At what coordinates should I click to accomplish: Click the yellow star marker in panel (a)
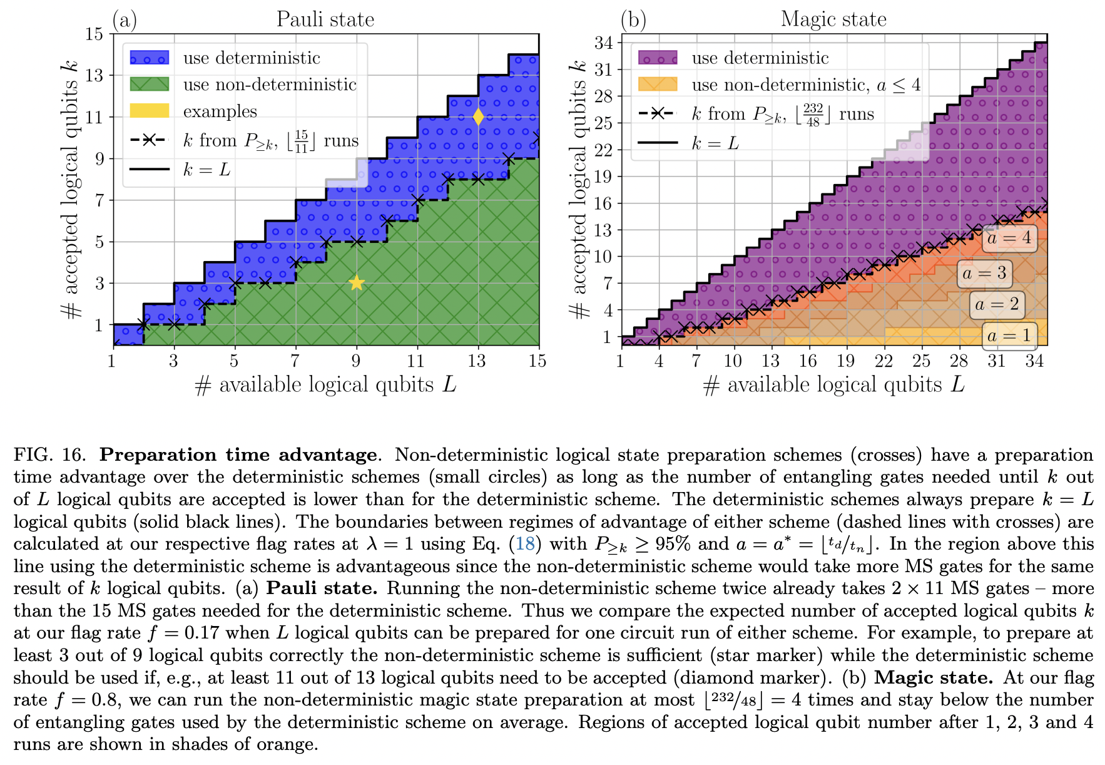(x=356, y=283)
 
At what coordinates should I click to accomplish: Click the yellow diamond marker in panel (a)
(x=478, y=117)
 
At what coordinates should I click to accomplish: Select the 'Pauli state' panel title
(x=325, y=19)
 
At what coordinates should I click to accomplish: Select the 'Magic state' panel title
(x=833, y=19)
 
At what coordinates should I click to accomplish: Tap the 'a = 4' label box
(x=1009, y=238)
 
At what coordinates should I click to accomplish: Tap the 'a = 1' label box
(x=1009, y=336)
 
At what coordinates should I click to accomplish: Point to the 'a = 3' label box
(x=984, y=273)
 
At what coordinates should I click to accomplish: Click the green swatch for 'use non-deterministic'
(x=149, y=85)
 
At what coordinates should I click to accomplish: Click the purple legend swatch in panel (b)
(x=658, y=58)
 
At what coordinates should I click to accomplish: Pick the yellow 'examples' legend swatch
(x=149, y=111)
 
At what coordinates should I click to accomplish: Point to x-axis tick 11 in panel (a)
(x=416, y=361)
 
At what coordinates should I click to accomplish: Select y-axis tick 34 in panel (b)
(x=603, y=43)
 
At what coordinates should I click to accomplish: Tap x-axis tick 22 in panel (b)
(x=883, y=361)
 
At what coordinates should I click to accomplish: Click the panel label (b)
(x=633, y=20)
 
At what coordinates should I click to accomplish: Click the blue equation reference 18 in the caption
(x=524, y=543)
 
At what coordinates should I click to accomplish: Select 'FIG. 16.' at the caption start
(x=53, y=454)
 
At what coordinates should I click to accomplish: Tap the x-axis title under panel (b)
(x=833, y=385)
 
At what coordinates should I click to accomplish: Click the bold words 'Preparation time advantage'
(x=238, y=454)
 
